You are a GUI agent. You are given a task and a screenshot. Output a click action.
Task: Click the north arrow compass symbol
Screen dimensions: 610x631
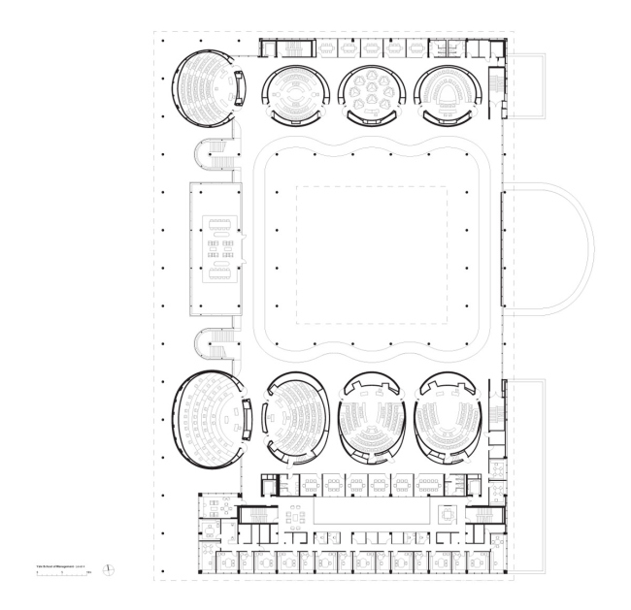[x=112, y=568]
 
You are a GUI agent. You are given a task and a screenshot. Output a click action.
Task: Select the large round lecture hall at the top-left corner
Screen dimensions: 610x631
[x=204, y=86]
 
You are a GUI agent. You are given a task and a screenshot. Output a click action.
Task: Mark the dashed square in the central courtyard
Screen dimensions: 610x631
[x=372, y=255]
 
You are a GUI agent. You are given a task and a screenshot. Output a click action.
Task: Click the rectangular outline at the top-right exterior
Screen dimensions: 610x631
[x=528, y=85]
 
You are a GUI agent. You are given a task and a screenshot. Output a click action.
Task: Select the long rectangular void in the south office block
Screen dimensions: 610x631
[x=370, y=511]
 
